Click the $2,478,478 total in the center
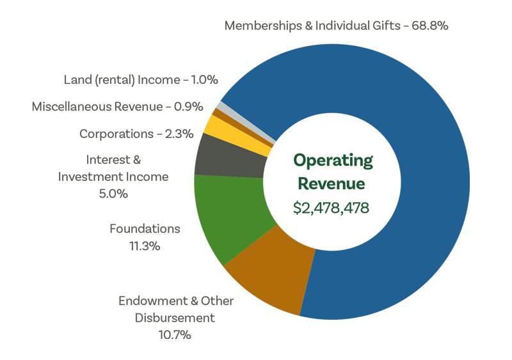coord(332,208)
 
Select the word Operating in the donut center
coord(332,160)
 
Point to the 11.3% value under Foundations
coord(145,246)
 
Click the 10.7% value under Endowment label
coord(175,334)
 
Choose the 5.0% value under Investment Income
coord(113,193)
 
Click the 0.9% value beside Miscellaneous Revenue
coord(189,107)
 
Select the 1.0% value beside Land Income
coord(205,80)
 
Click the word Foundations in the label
coord(145,228)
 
